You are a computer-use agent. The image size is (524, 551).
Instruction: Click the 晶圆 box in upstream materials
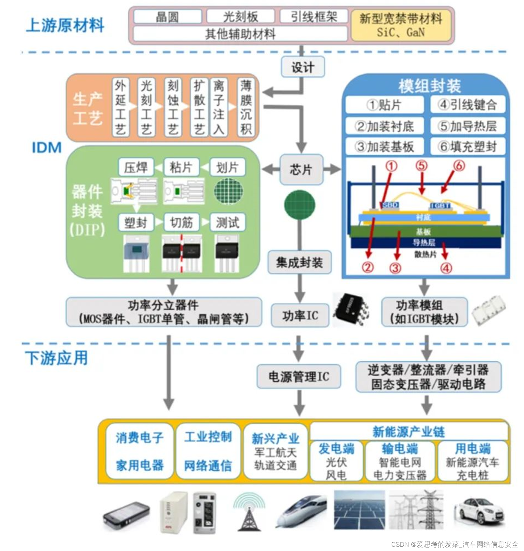point(167,17)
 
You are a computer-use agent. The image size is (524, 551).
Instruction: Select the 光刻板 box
point(240,17)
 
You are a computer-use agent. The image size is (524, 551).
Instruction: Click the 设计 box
point(302,67)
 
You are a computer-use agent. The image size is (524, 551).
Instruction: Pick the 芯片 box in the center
point(301,170)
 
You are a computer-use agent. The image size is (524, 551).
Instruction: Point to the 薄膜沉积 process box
point(246,107)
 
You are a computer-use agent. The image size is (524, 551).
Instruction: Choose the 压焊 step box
point(136,167)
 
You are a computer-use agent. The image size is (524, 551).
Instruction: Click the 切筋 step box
point(181,222)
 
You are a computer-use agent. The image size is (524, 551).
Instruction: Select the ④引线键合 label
point(467,105)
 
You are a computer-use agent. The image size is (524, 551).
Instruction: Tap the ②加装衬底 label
point(384,126)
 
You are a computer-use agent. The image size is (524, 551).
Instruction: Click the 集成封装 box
point(299,262)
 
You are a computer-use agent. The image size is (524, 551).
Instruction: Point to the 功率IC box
point(300,316)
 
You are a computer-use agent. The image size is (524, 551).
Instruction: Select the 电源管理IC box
point(299,376)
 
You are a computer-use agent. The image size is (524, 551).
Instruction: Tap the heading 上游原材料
point(65,25)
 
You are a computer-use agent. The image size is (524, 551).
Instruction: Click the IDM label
point(46,147)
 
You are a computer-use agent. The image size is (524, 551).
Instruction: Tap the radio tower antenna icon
point(249,511)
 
